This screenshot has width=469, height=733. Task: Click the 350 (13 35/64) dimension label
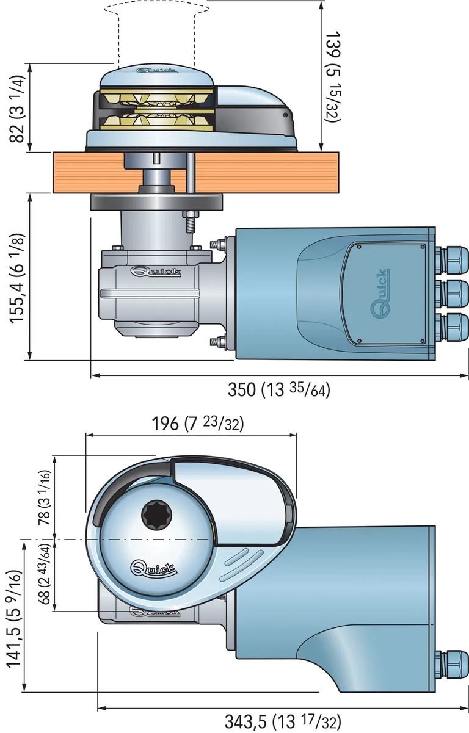pos(278,390)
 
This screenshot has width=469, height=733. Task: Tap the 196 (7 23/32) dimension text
pos(198,424)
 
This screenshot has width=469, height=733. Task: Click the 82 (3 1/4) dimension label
pos(16,109)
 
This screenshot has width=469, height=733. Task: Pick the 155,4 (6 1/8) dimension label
pos(17,278)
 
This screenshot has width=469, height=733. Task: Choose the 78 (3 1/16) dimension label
pos(44,498)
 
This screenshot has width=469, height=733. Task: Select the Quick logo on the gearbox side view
pos(156,272)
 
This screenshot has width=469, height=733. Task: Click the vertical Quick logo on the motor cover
pos(380,293)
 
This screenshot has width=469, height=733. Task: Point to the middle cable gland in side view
pos(454,294)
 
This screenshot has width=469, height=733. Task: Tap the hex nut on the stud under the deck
pos(191,215)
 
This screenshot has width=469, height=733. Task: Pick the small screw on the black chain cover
pos(286,115)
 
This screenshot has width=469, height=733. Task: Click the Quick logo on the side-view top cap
pos(157,70)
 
